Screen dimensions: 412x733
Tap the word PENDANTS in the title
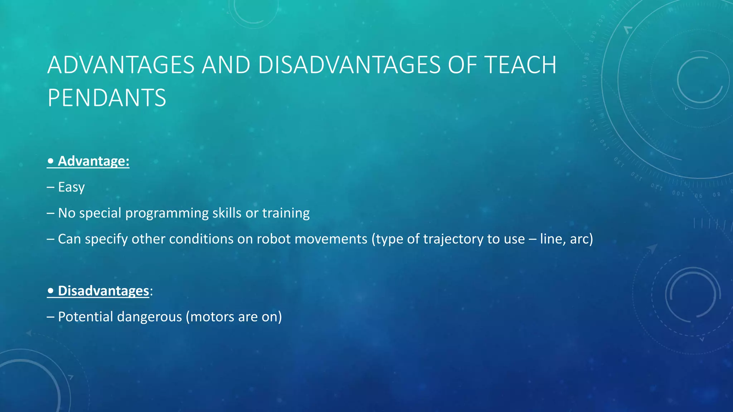point(107,98)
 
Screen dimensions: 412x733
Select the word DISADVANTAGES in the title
point(349,65)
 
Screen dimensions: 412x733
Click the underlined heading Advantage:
point(93,161)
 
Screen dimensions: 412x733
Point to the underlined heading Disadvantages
point(103,291)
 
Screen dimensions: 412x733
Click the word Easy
point(71,187)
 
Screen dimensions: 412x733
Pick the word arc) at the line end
point(581,239)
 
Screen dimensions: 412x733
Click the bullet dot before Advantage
point(50,161)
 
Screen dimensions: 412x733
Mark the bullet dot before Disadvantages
point(50,291)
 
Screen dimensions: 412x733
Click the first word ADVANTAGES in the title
point(121,65)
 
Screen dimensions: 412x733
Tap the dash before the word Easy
point(50,187)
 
